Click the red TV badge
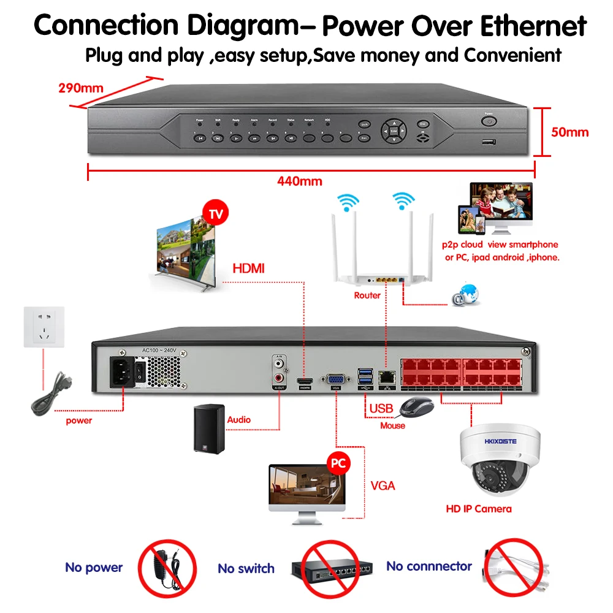pyautogui.click(x=215, y=215)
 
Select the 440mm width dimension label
pyautogui.click(x=299, y=181)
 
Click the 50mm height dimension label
pyautogui.click(x=570, y=132)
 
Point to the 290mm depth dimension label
pyautogui.click(x=81, y=87)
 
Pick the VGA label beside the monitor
pyautogui.click(x=383, y=486)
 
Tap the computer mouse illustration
pyautogui.click(x=417, y=406)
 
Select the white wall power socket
pyautogui.click(x=44, y=328)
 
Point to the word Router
pyautogui.click(x=367, y=295)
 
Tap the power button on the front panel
pyautogui.click(x=489, y=121)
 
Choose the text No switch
pyautogui.click(x=246, y=569)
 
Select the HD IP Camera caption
pyautogui.click(x=478, y=509)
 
